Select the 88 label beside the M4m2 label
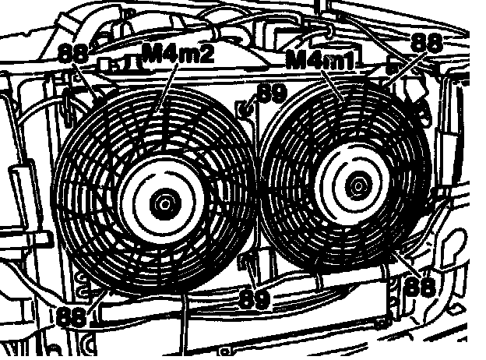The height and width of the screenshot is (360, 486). [x=72, y=54]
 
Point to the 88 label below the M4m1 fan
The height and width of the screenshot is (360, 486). [x=421, y=285]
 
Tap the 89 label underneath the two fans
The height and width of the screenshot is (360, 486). [x=255, y=297]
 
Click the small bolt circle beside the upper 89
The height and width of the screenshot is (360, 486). [x=247, y=107]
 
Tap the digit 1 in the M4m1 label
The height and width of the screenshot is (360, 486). [x=349, y=60]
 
